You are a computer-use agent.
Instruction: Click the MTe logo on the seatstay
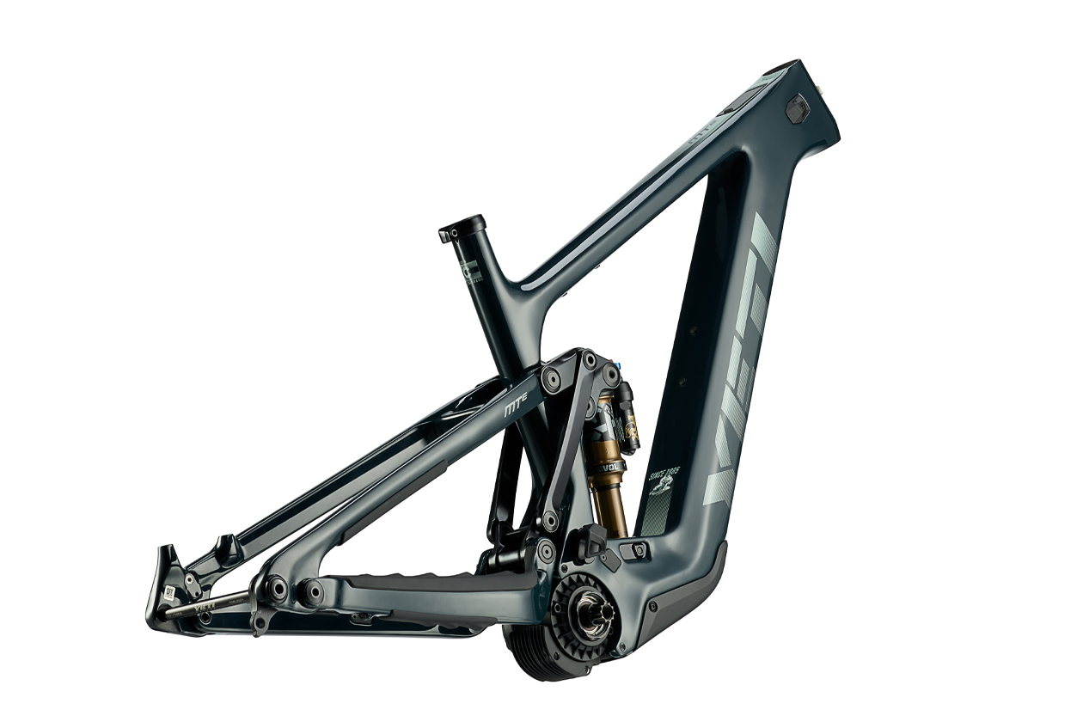516,412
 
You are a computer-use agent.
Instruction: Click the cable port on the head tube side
798,109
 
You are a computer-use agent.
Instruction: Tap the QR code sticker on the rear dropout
170,593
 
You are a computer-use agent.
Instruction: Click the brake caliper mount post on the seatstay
227,548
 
